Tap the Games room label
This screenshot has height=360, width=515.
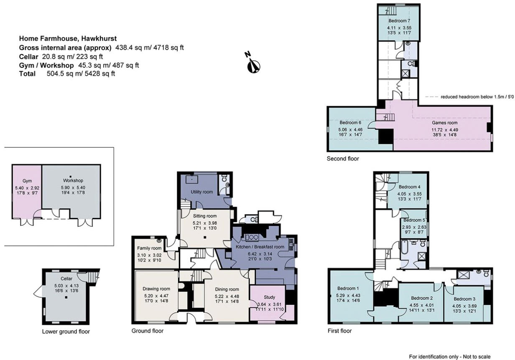click(x=445, y=123)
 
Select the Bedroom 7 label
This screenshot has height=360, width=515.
click(x=399, y=20)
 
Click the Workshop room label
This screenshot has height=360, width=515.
click(x=71, y=181)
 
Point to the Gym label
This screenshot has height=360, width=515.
click(x=27, y=181)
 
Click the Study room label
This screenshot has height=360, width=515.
click(x=269, y=297)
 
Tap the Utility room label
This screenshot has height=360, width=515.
click(x=202, y=192)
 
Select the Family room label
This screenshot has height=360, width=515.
click(x=149, y=248)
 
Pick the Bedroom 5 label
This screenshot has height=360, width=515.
click(x=414, y=220)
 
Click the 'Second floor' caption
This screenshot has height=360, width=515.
click(x=343, y=159)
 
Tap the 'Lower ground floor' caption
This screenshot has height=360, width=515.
click(x=66, y=332)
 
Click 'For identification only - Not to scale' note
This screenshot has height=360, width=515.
click(x=449, y=357)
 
